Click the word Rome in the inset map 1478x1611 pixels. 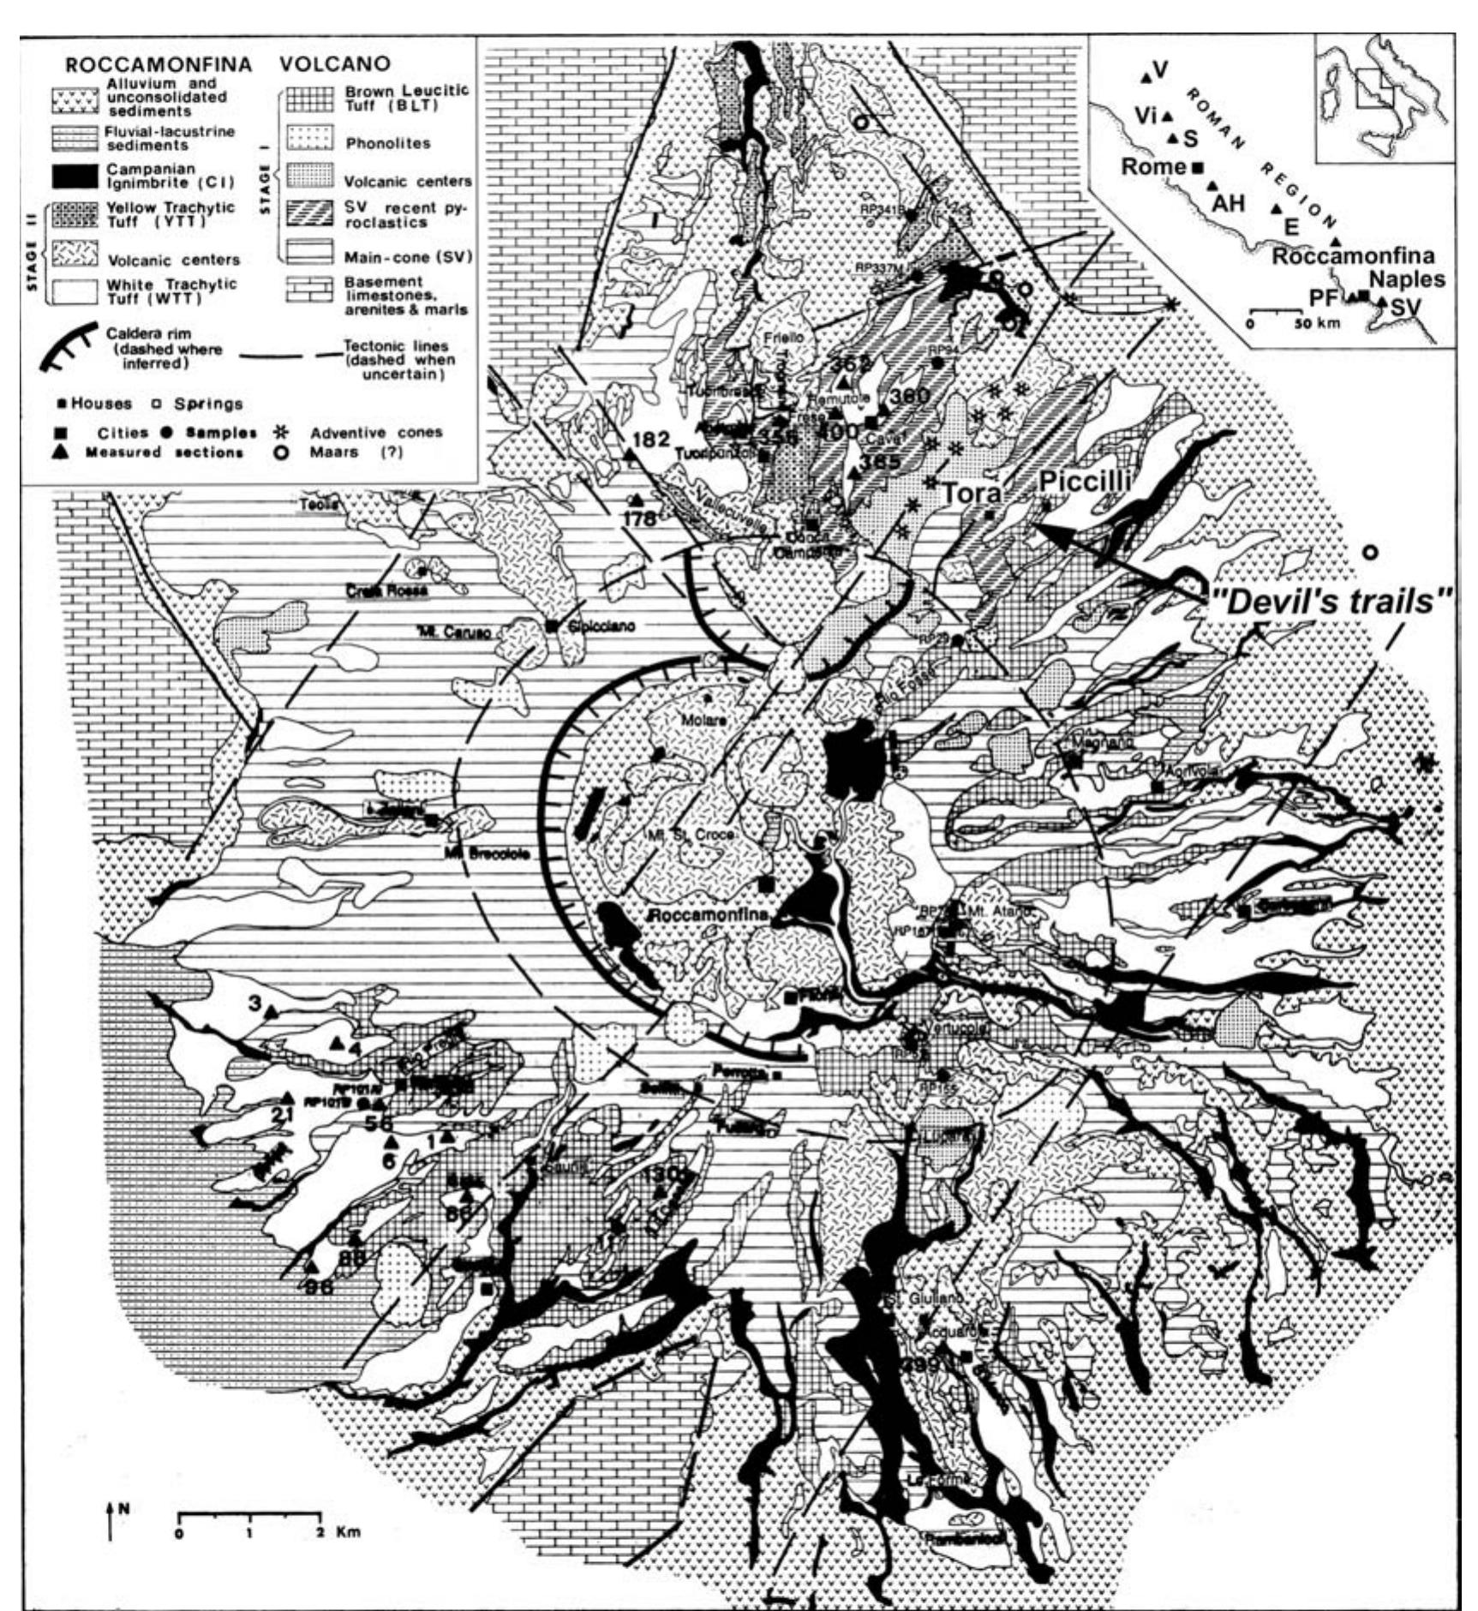(1153, 166)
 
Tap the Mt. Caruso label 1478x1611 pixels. (454, 632)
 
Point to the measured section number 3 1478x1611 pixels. (254, 1003)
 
